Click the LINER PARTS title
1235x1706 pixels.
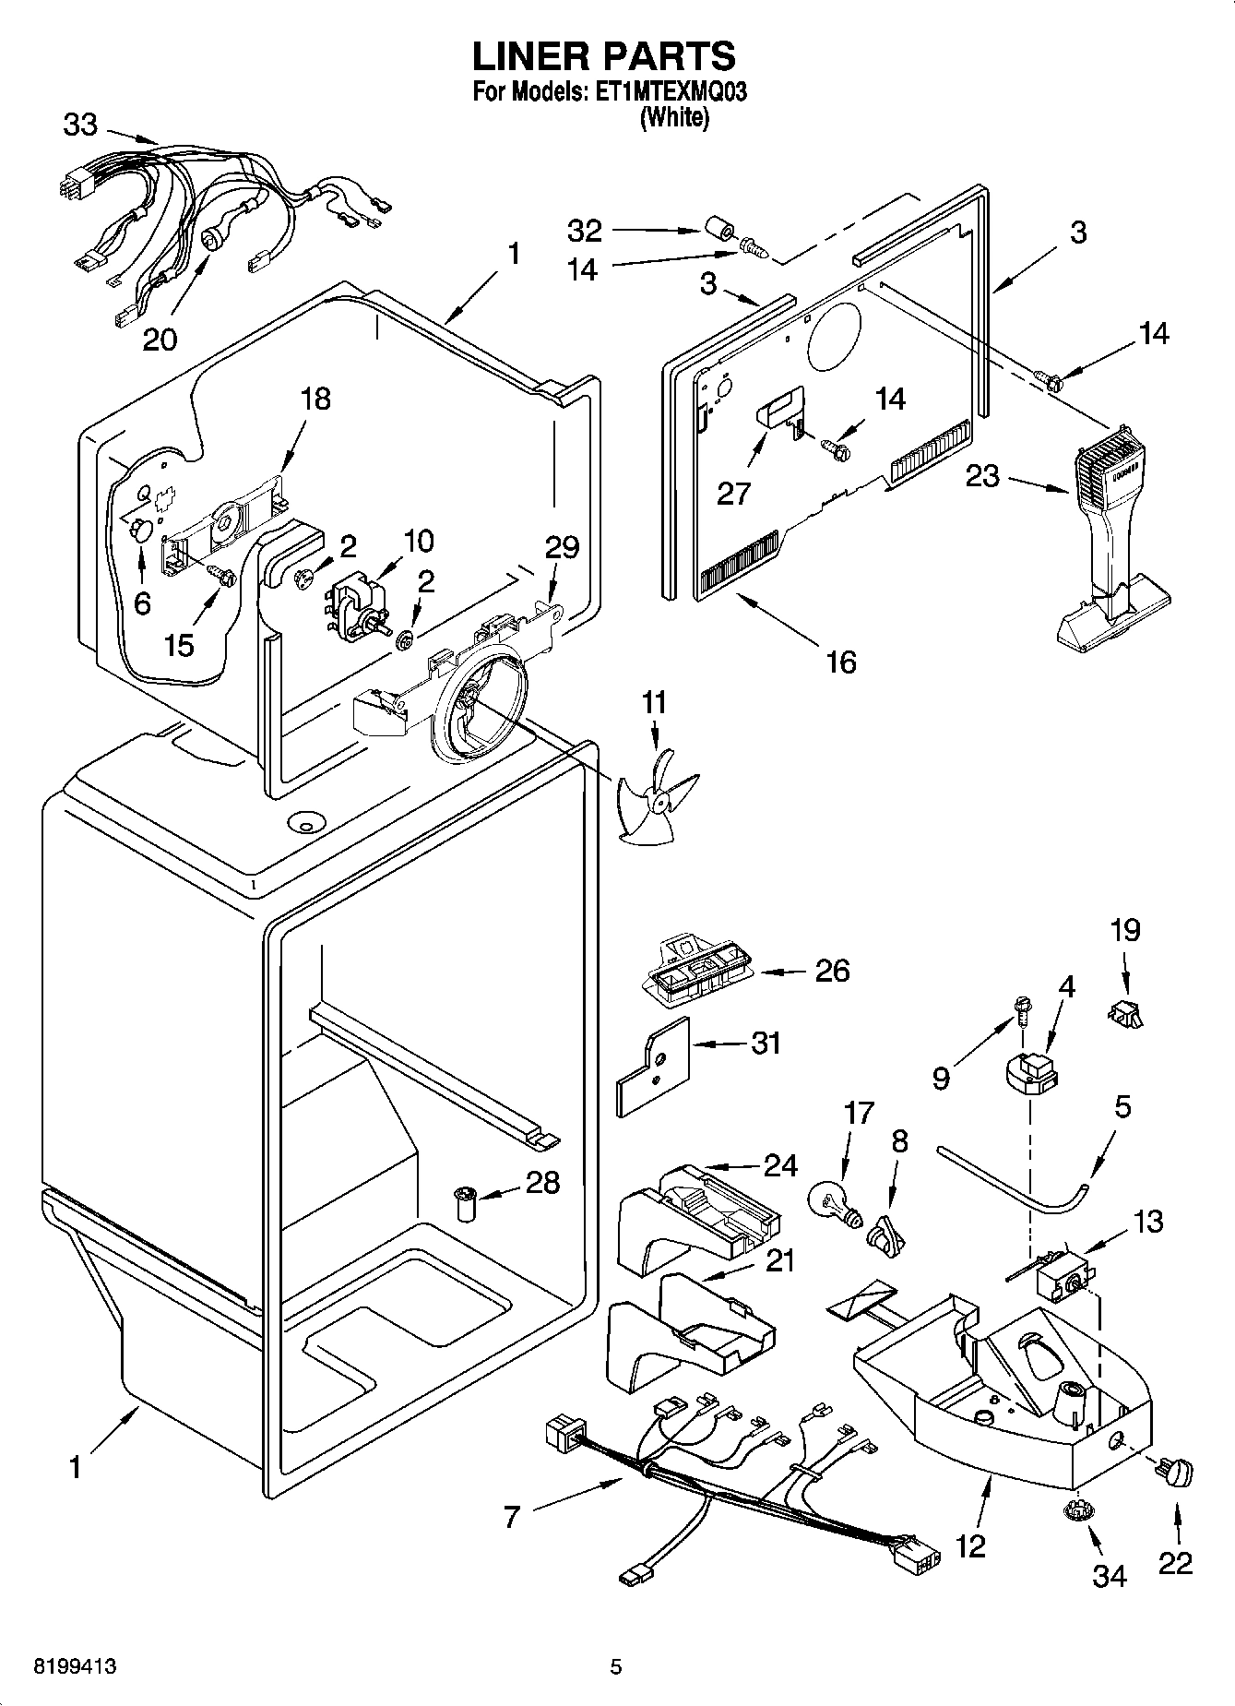click(x=604, y=56)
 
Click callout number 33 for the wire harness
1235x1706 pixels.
click(x=80, y=125)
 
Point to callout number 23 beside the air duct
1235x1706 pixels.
click(x=982, y=477)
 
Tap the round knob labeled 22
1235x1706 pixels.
click(x=1178, y=1473)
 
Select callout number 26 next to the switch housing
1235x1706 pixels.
click(x=831, y=971)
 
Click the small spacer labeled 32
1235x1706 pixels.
click(x=718, y=228)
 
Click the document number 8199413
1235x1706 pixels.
click(x=75, y=1667)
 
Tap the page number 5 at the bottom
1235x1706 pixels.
click(x=616, y=1667)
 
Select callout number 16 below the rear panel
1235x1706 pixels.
click(x=841, y=662)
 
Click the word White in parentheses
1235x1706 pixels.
click(x=675, y=117)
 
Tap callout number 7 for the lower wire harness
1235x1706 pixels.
click(x=512, y=1517)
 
